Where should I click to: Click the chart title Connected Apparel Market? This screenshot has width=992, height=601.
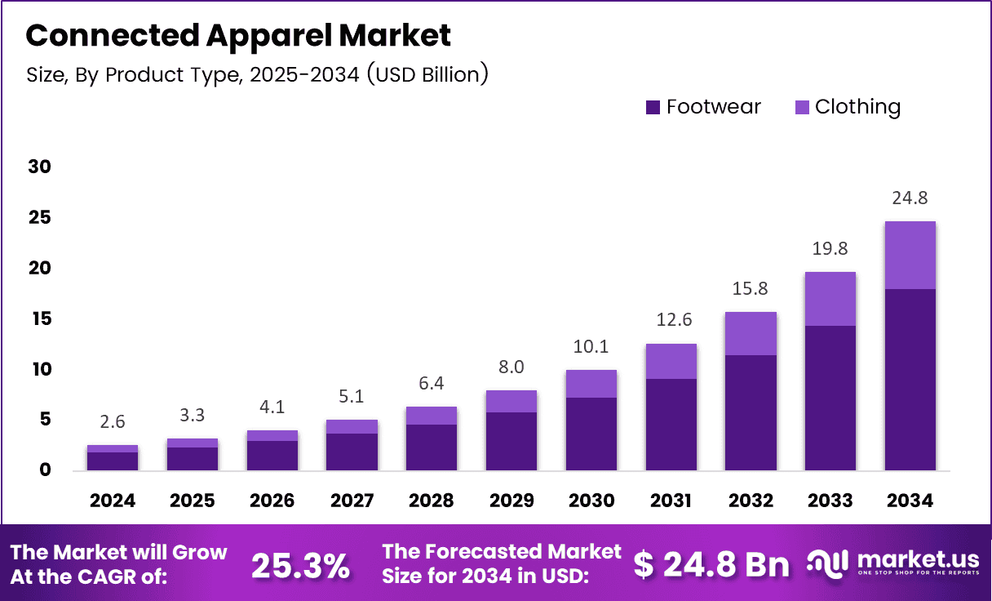(x=238, y=36)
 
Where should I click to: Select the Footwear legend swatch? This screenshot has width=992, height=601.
(x=653, y=107)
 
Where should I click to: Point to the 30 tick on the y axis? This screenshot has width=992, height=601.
(x=39, y=167)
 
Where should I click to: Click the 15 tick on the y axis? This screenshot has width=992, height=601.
(x=39, y=318)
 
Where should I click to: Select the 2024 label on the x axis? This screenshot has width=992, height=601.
(x=113, y=501)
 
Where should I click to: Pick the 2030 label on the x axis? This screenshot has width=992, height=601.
(x=591, y=501)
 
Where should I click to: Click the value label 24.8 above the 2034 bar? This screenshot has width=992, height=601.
(x=910, y=198)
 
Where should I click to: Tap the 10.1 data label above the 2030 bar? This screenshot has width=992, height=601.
(x=591, y=347)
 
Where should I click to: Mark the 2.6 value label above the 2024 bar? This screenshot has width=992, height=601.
(x=113, y=422)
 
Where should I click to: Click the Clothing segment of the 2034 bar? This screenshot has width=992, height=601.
(x=910, y=255)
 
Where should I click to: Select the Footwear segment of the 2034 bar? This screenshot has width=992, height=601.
(x=910, y=380)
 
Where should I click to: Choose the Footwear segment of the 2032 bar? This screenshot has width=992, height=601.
(x=751, y=412)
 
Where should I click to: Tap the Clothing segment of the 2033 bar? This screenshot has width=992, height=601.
(x=830, y=299)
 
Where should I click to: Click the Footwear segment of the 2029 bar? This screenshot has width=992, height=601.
(x=511, y=441)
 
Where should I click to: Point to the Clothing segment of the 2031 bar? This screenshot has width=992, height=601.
(x=671, y=361)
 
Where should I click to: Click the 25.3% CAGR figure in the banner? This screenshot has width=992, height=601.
(x=300, y=565)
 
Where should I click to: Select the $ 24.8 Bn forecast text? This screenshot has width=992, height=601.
(x=711, y=564)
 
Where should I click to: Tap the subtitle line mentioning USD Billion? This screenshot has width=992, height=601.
(x=257, y=74)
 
